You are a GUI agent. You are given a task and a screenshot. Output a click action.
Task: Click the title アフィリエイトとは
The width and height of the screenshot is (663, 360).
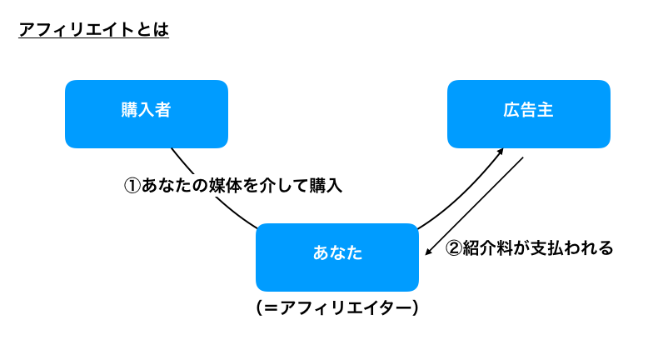click(94, 30)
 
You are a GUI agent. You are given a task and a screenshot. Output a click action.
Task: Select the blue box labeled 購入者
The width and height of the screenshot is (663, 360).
click(147, 114)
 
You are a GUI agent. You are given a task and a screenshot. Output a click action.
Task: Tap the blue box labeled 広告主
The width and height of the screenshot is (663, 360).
click(529, 114)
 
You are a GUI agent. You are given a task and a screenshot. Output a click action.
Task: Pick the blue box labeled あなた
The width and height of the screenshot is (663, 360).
click(337, 257)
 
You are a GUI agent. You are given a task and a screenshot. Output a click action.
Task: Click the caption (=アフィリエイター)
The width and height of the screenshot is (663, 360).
click(337, 308)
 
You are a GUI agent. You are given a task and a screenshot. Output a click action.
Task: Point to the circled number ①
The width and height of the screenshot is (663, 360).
click(132, 186)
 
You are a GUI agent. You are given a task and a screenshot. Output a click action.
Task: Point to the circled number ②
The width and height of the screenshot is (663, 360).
click(454, 248)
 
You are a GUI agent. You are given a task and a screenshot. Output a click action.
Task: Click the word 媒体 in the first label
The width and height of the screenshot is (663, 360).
click(225, 186)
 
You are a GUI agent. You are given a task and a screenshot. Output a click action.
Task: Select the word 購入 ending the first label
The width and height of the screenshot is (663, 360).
click(326, 186)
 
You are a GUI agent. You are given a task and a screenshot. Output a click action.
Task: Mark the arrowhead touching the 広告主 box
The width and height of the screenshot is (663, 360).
click(501, 152)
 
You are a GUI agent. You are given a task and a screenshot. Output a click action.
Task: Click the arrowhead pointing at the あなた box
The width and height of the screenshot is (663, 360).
click(429, 252)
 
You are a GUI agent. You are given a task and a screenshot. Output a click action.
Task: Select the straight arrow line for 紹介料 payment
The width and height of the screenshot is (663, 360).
click(474, 207)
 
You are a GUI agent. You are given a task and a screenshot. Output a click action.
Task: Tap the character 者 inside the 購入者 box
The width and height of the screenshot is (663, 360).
click(162, 109)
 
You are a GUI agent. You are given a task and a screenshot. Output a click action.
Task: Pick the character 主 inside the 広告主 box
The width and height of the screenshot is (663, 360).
click(545, 109)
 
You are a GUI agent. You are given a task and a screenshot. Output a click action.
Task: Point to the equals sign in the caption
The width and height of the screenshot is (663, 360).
click(271, 308)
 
